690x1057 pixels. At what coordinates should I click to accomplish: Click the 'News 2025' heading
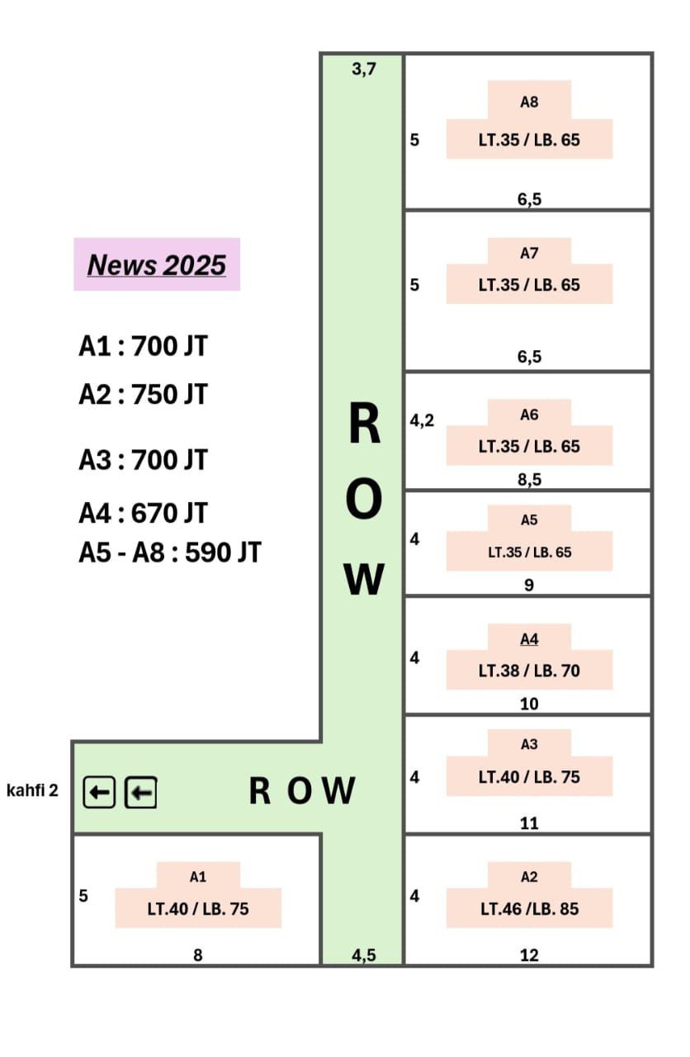pos(157,265)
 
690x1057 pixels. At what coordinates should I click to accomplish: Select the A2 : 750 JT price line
pos(143,395)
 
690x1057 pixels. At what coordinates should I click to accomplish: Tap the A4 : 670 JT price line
pos(143,513)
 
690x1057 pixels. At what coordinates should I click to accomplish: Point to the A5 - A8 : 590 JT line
pos(170,552)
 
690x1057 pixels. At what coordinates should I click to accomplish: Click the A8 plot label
pos(529,102)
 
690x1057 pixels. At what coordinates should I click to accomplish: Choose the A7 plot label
pos(529,254)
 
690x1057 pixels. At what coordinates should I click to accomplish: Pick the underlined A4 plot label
pos(529,639)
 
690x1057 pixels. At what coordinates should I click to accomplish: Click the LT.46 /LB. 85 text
pos(529,909)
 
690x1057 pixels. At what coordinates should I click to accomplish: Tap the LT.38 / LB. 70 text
pos(529,671)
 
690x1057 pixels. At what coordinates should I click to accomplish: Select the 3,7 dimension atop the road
pos(364,69)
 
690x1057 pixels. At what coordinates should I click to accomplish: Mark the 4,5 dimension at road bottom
pos(364,955)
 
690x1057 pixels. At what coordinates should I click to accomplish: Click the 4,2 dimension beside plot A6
pos(422,420)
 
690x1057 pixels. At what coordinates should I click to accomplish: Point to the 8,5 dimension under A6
pos(529,480)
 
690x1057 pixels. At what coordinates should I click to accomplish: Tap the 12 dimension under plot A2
pos(529,955)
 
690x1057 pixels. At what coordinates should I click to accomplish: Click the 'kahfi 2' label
pos(32,790)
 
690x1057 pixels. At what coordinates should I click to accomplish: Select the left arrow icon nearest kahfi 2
pos(99,792)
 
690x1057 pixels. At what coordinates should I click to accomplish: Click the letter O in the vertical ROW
pos(364,499)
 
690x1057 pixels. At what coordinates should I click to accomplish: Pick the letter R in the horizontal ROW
pos(259,790)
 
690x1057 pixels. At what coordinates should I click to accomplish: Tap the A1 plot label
pos(198,877)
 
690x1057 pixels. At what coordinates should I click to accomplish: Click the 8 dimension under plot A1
pos(198,955)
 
